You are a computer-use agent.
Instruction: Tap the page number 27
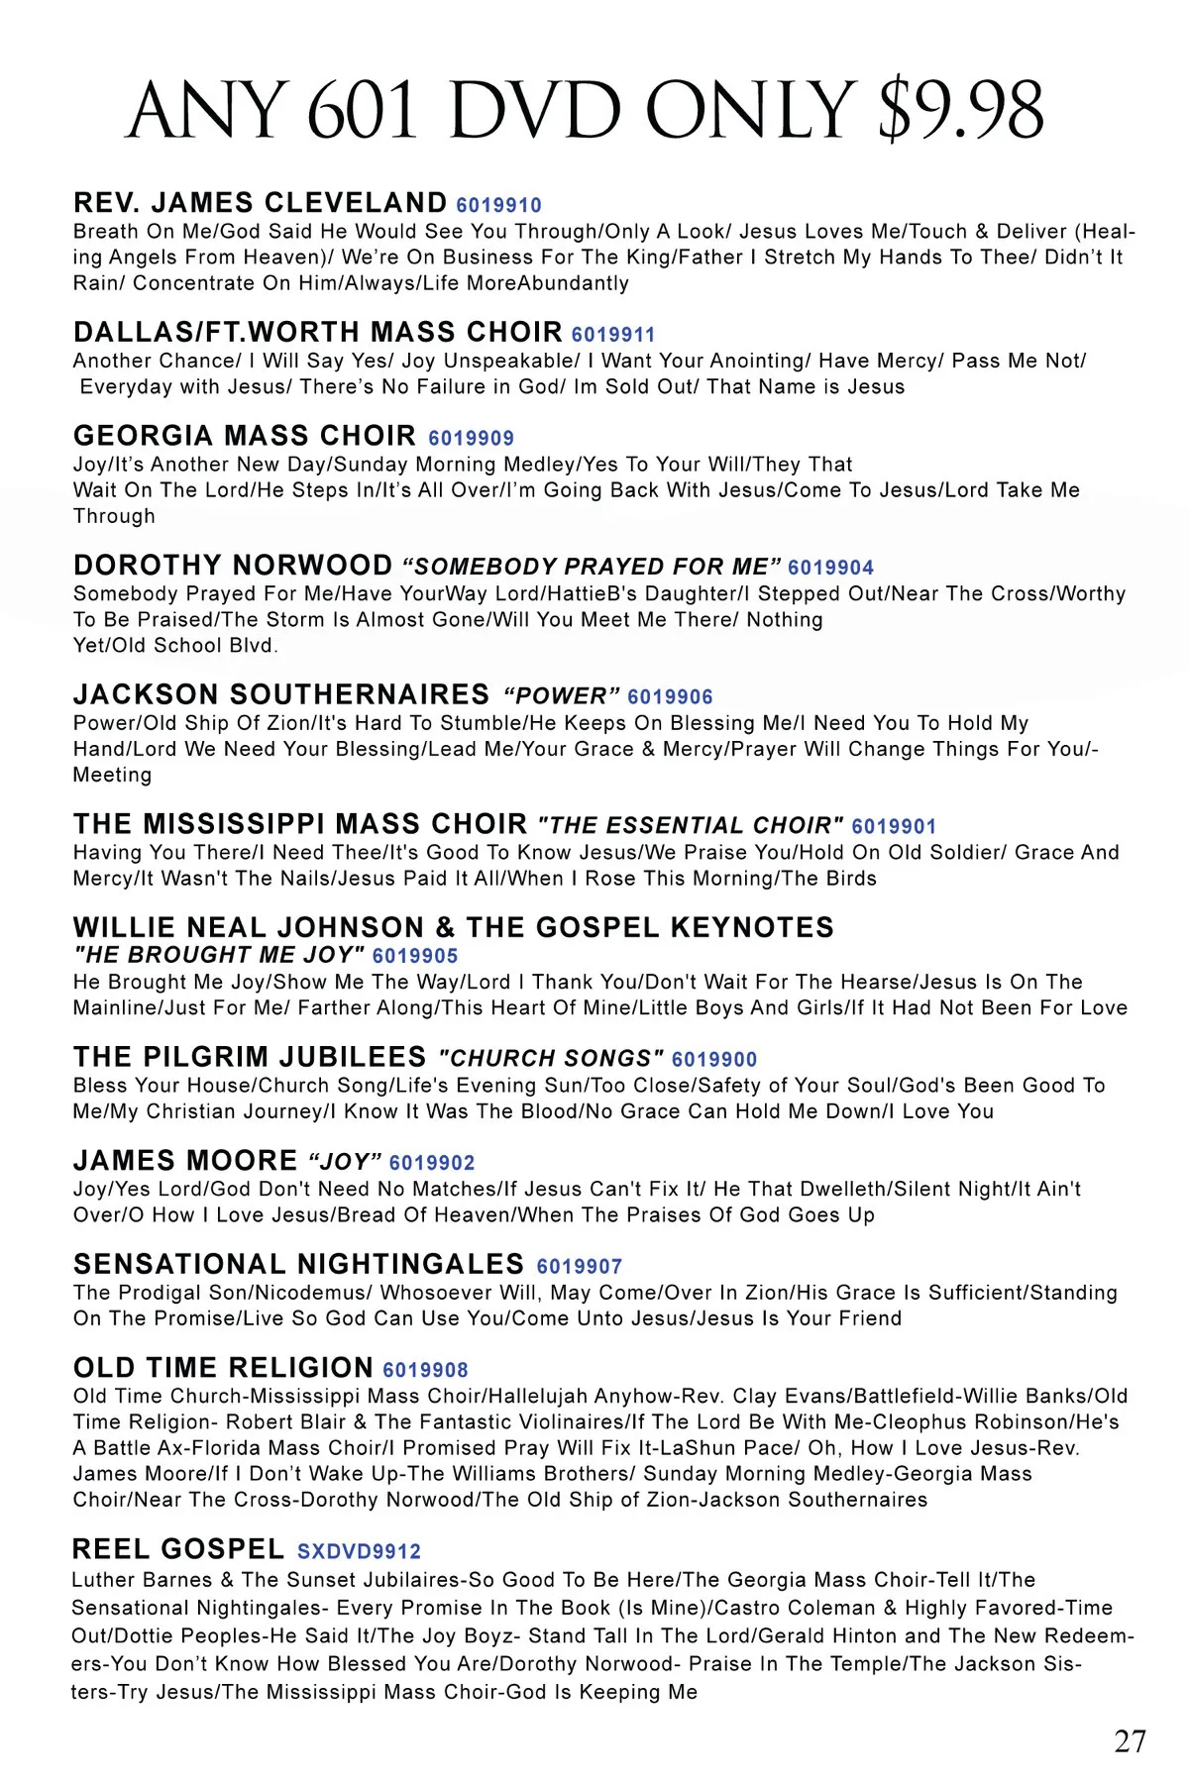pyautogui.click(x=1130, y=1741)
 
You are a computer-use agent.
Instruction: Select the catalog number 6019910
pyautogui.click(x=498, y=206)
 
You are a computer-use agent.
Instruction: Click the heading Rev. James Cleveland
pyautogui.click(x=260, y=203)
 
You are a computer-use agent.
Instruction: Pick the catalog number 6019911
pyautogui.click(x=613, y=335)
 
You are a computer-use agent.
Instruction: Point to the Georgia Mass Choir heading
pyautogui.click(x=245, y=436)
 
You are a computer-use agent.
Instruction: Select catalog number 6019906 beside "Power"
pyautogui.click(x=670, y=697)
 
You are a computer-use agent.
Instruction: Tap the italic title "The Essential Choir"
pyautogui.click(x=691, y=826)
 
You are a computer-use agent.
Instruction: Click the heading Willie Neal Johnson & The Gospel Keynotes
pyautogui.click(x=453, y=928)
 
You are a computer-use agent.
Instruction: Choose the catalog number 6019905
pyautogui.click(x=415, y=956)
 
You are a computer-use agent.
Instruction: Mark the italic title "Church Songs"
pyautogui.click(x=551, y=1059)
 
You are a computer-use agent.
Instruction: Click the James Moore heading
pyautogui.click(x=185, y=1161)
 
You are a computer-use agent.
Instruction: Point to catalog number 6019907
pyautogui.click(x=580, y=1267)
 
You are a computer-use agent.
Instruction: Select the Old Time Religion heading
pyautogui.click(x=223, y=1368)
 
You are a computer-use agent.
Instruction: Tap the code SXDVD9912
pyautogui.click(x=359, y=1551)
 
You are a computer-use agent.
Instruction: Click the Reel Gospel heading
pyautogui.click(x=178, y=1549)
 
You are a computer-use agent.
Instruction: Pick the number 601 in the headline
pyautogui.click(x=363, y=110)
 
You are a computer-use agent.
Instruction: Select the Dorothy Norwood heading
pyautogui.click(x=233, y=566)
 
